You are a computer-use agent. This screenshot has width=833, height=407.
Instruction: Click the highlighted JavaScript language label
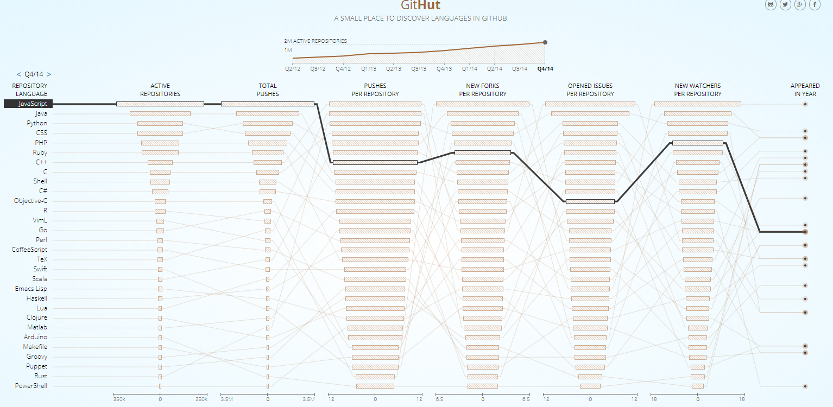tap(33, 104)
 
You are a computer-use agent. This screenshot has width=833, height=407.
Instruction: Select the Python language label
tap(37, 123)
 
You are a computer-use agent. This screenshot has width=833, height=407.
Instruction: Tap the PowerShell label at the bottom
tap(31, 386)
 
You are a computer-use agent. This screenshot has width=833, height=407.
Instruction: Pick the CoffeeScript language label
tap(29, 250)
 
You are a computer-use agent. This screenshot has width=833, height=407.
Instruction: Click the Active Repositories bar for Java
tap(160, 113)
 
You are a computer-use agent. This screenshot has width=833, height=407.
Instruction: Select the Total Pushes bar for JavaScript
tap(268, 104)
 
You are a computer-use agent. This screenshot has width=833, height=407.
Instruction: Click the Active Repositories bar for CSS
tap(160, 133)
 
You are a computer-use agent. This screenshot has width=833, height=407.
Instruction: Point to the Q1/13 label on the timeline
tap(369, 69)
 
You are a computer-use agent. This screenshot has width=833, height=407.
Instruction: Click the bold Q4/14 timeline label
tap(545, 69)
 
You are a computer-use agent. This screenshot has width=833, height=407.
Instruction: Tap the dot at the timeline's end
tap(545, 42)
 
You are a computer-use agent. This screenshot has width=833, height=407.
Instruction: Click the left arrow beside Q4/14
tap(19, 74)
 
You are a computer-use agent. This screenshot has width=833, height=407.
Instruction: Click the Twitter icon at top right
tap(785, 5)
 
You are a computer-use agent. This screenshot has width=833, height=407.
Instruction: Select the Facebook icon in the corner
tap(815, 5)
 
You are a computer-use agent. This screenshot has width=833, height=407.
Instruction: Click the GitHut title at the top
tap(420, 6)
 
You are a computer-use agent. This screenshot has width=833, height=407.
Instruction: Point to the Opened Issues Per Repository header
tap(590, 90)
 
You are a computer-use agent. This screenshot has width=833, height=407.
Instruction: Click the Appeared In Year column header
tap(805, 90)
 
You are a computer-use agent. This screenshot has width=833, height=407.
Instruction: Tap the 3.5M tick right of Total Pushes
tap(308, 399)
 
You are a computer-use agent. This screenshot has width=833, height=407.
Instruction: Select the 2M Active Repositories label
tap(315, 41)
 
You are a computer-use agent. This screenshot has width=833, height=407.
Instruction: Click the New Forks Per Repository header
tap(483, 90)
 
